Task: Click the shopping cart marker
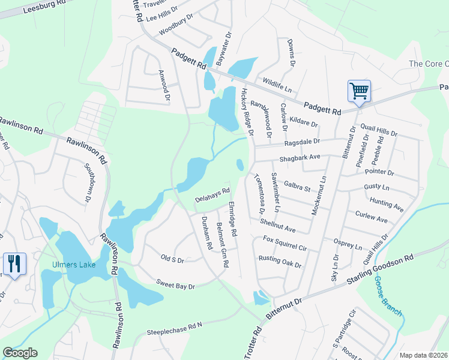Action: click(359, 91)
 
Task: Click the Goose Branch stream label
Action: click(388, 296)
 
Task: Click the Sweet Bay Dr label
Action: click(176, 284)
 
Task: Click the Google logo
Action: click(20, 353)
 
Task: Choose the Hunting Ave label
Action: click(387, 205)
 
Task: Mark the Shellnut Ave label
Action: click(278, 226)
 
